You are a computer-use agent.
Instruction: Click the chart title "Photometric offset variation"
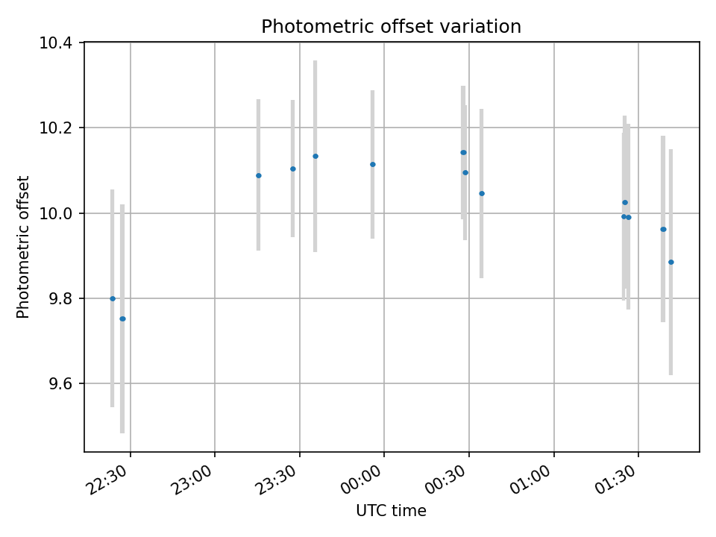click(391, 27)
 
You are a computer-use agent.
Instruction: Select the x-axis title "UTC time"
click(391, 511)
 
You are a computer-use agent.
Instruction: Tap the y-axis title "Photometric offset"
click(23, 247)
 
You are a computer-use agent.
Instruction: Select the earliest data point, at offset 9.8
click(113, 298)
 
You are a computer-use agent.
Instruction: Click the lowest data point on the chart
click(122, 318)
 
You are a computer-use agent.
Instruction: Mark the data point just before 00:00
click(373, 164)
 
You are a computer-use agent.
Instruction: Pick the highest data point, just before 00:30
click(463, 152)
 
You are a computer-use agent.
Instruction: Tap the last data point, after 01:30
click(671, 262)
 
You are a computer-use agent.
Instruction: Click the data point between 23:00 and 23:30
click(259, 175)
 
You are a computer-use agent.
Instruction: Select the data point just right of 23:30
click(315, 156)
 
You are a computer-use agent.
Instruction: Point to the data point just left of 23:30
click(293, 169)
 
